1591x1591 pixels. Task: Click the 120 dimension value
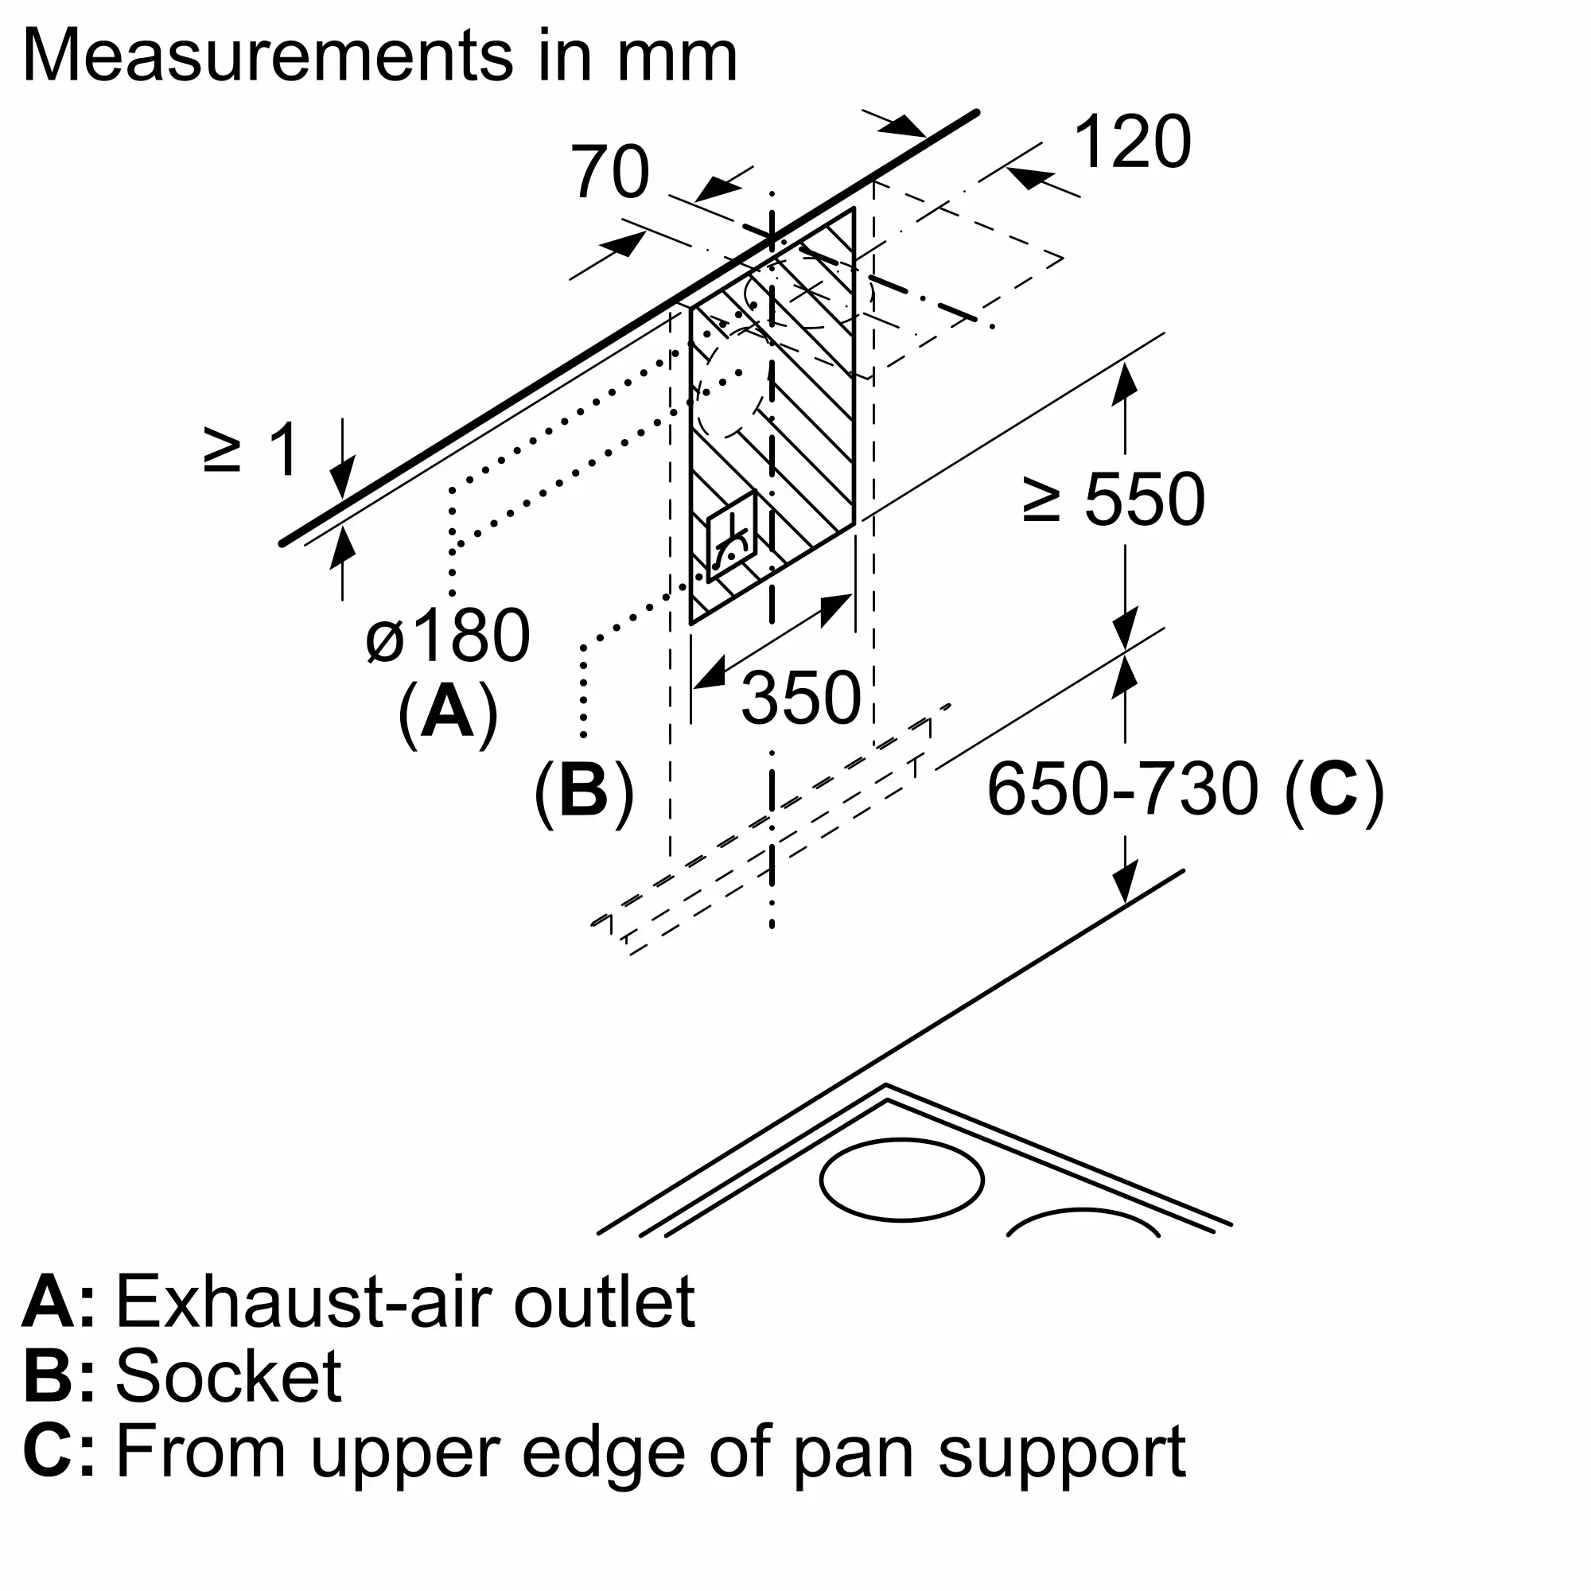point(1132,142)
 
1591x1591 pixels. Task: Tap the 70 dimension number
point(610,172)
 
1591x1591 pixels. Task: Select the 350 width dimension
point(800,698)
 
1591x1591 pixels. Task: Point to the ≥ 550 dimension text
point(1114,500)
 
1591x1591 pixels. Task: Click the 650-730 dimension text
point(1122,789)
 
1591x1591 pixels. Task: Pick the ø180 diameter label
point(448,636)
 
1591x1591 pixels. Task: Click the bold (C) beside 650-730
point(1335,789)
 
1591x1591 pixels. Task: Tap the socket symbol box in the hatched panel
point(731,537)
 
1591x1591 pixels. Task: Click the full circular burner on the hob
point(902,1179)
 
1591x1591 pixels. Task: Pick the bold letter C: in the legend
point(58,1451)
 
